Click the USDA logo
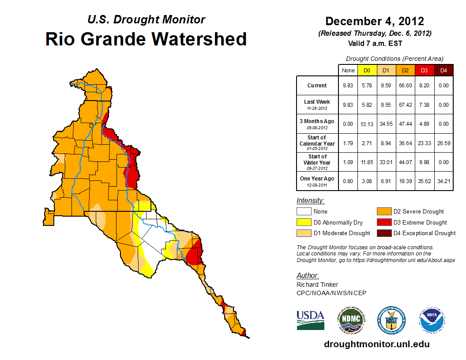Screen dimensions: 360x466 pyautogui.click(x=310, y=320)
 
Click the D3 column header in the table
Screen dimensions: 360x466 pyautogui.click(x=424, y=70)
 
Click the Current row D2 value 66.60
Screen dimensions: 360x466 pyautogui.click(x=405, y=86)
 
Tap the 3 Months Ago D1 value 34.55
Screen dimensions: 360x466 pyautogui.click(x=386, y=124)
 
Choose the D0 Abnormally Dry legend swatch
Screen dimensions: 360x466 pyautogui.click(x=303, y=222)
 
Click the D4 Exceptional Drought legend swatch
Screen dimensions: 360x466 pyautogui.click(x=383, y=233)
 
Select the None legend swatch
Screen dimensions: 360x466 pyautogui.click(x=303, y=212)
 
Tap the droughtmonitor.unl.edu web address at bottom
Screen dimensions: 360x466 pyautogui.click(x=376, y=344)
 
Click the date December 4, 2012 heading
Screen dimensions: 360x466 pyautogui.click(x=374, y=21)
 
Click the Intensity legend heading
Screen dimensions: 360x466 pyautogui.click(x=310, y=200)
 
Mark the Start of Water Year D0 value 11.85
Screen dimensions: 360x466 pyautogui.click(x=367, y=162)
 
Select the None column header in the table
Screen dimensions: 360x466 pyautogui.click(x=348, y=70)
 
